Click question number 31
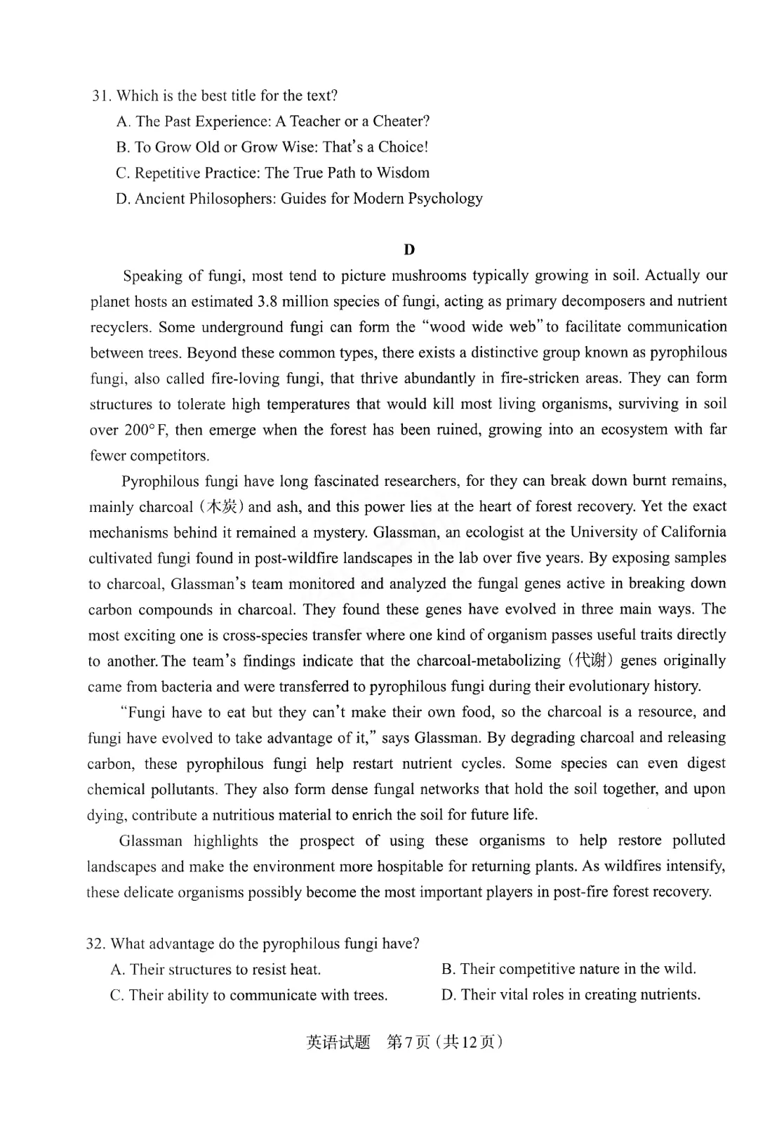coord(101,95)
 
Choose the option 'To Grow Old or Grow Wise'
coord(281,147)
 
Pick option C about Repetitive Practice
coord(272,173)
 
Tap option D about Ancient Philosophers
coord(299,199)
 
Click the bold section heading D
coord(410,249)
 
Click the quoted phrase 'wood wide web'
coord(484,327)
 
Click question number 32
coord(95,944)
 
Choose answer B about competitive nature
coord(568,969)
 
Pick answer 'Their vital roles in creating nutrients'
coord(571,995)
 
